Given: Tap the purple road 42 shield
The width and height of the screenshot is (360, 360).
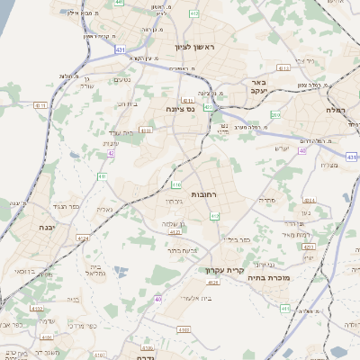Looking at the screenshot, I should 111,153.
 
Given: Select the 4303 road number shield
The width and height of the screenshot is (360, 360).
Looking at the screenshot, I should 146,130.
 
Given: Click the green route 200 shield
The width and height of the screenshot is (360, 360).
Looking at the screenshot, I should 276,115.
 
